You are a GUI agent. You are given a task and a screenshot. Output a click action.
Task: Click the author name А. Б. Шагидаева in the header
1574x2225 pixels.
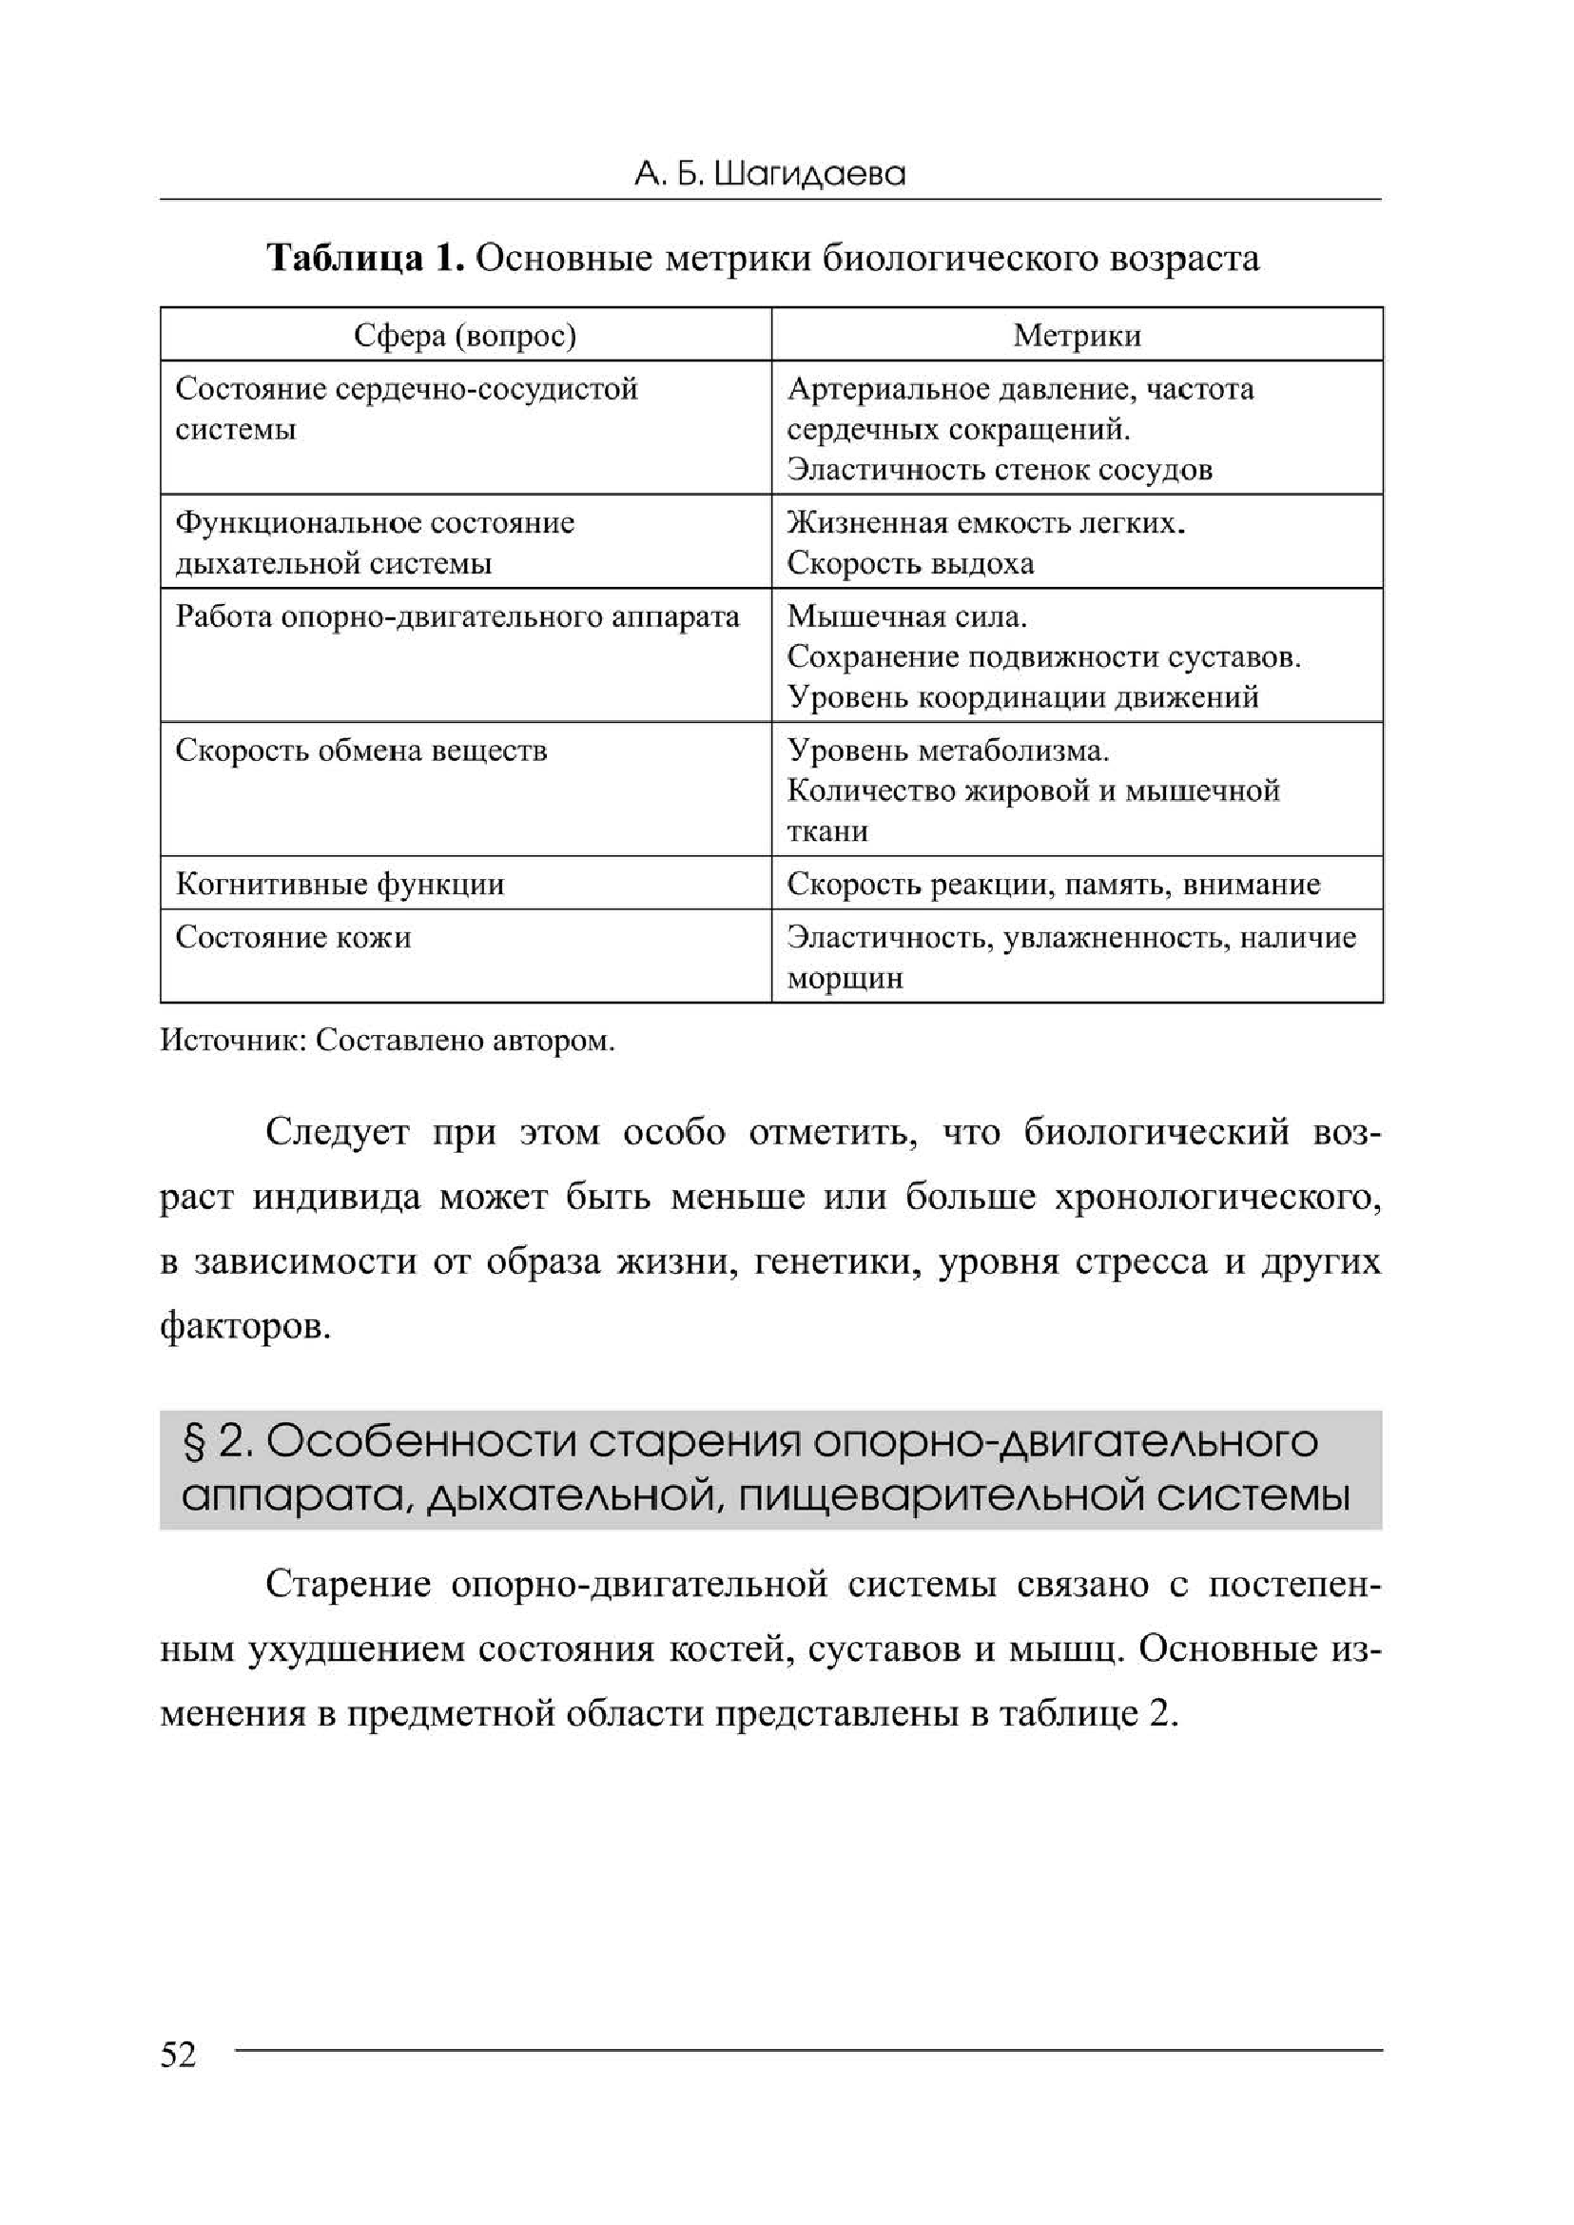[x=769, y=174]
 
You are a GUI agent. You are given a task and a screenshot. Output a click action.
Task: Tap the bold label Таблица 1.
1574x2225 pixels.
[x=365, y=259]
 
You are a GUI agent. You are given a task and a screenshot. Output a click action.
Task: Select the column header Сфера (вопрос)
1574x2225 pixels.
[x=464, y=336]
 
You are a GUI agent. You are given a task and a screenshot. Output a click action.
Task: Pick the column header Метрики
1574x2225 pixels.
[x=1077, y=336]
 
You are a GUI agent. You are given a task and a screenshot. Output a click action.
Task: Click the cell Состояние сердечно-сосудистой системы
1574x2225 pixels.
[x=406, y=408]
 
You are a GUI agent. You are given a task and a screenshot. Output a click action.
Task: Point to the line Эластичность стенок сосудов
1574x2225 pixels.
[x=1000, y=470]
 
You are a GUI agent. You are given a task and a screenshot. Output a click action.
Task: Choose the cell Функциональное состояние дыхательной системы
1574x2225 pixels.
[x=374, y=543]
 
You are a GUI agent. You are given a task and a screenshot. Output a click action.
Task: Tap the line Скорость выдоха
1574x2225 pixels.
[x=910, y=563]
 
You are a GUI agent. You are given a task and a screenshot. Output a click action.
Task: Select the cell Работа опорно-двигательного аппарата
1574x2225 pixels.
[x=457, y=617]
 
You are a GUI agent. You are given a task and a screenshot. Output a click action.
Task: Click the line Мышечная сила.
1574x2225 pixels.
[x=907, y=616]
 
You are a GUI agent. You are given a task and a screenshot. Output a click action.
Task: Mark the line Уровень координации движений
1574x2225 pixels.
[x=1022, y=697]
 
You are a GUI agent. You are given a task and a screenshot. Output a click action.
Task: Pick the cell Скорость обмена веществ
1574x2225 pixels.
[x=360, y=751]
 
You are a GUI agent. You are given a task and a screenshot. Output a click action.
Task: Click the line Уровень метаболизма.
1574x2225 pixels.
[x=948, y=751]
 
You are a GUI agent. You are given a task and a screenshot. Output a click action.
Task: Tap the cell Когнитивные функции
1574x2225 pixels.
[x=340, y=884]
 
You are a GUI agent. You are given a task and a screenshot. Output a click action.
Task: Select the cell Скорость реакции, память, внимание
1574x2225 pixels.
[x=1054, y=884]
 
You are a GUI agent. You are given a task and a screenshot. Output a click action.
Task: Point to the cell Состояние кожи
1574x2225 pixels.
[x=293, y=938]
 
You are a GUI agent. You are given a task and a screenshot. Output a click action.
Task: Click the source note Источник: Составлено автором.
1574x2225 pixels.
[x=388, y=1041]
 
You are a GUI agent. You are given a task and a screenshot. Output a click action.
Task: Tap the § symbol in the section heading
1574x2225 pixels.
[x=192, y=1444]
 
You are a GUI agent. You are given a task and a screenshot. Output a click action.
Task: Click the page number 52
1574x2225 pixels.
[x=179, y=2055]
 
